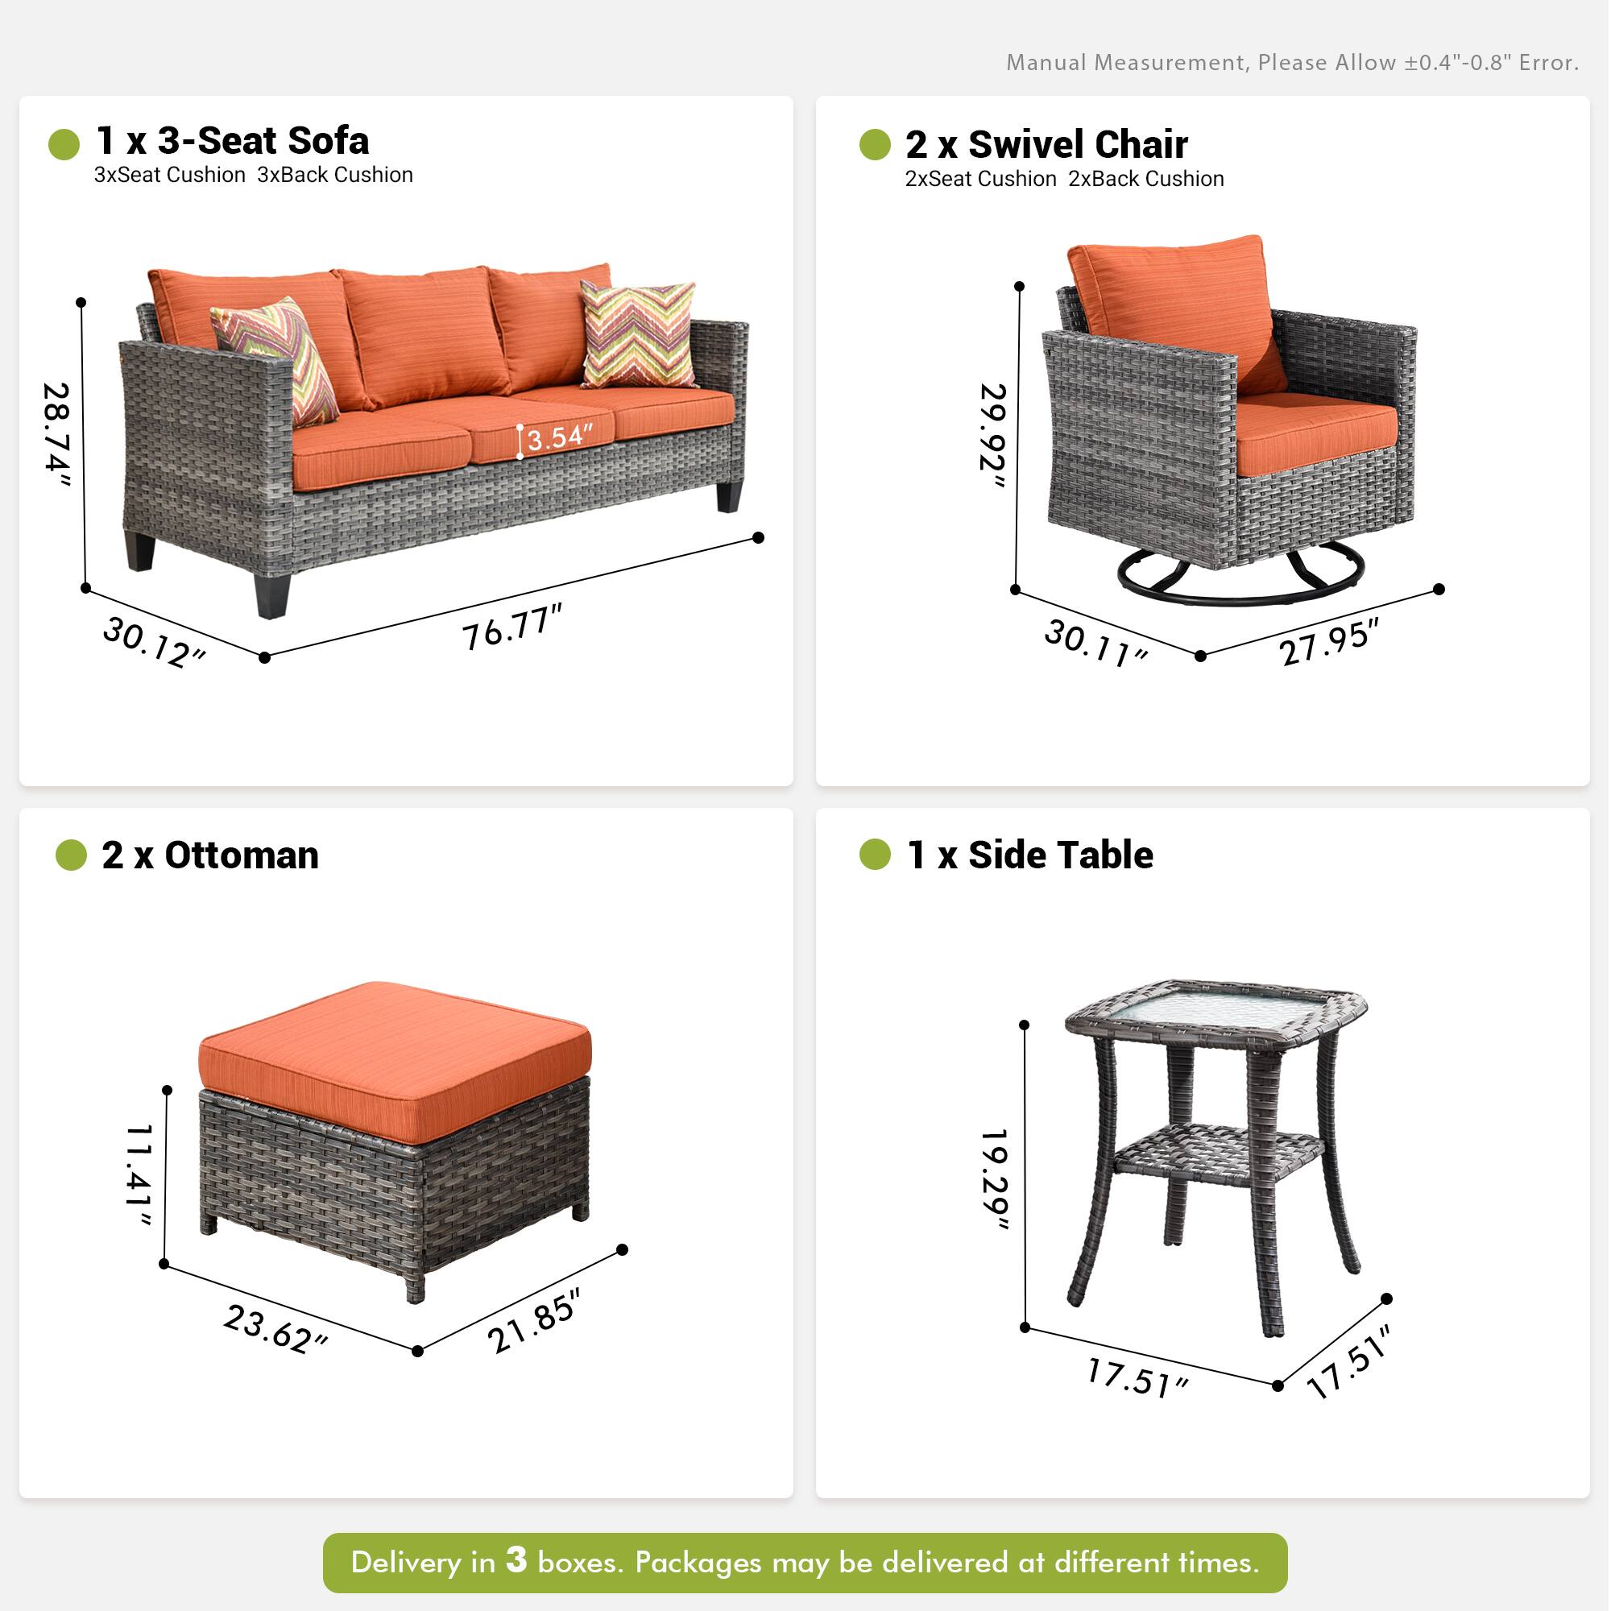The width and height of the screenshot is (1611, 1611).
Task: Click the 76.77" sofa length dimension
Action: [x=512, y=627]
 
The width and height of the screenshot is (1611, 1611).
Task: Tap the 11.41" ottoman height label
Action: [x=139, y=1175]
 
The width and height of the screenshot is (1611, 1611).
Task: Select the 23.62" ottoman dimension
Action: [x=275, y=1329]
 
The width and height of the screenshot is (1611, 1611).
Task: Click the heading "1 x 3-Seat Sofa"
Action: [x=232, y=141]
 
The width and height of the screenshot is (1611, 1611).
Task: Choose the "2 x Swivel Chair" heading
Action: [x=1046, y=144]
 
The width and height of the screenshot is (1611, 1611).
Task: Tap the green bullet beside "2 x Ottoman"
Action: [x=71, y=855]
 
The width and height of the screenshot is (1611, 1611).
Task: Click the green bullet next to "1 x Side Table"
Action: [x=875, y=855]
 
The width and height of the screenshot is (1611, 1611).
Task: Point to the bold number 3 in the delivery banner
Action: [x=516, y=1559]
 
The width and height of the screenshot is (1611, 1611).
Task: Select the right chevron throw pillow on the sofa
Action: [x=638, y=333]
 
